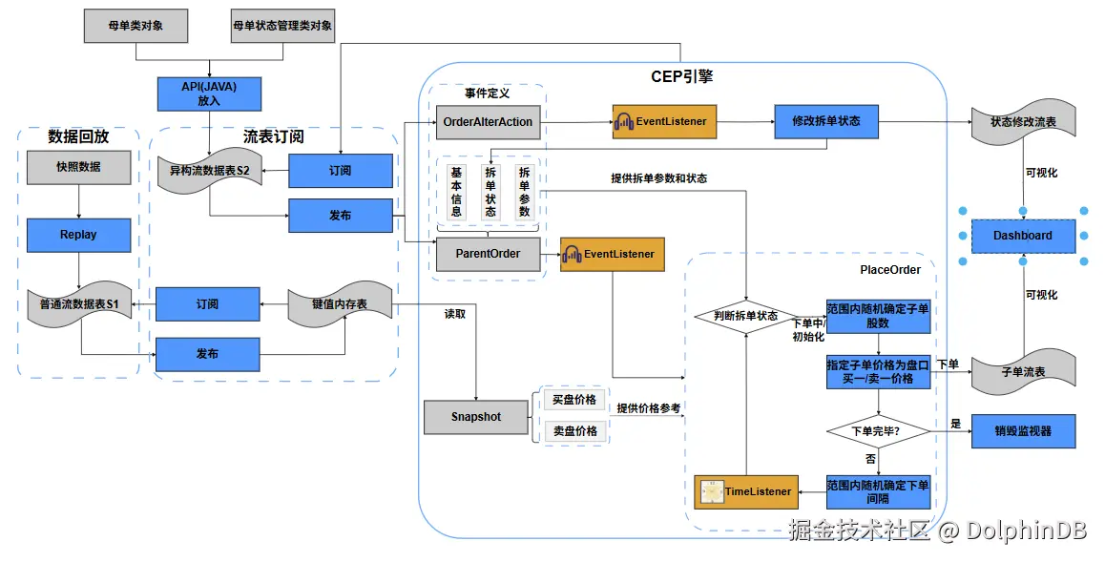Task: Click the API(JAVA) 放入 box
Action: (209, 94)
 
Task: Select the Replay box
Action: (79, 236)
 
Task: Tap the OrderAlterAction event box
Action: (489, 122)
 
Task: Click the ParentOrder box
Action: (489, 254)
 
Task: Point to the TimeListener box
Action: (747, 491)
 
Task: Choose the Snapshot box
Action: (476, 417)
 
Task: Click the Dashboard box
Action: (1023, 236)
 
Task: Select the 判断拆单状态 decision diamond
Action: (746, 316)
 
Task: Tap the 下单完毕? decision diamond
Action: (878, 431)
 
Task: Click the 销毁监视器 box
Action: (1023, 431)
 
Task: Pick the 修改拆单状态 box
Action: (826, 121)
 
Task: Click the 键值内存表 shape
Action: (340, 304)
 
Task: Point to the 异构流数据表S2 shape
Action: (209, 171)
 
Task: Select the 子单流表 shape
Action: (1023, 371)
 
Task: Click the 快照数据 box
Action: (79, 167)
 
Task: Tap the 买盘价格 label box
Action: (574, 399)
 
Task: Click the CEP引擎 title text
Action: (681, 76)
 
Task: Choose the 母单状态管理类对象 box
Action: (282, 26)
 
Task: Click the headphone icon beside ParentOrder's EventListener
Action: (572, 254)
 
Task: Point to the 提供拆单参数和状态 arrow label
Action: (659, 178)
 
